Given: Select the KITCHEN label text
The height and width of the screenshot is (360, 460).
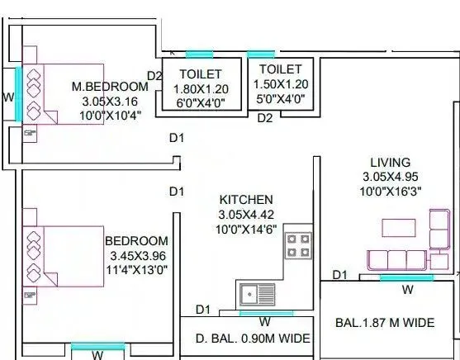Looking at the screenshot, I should click(245, 200).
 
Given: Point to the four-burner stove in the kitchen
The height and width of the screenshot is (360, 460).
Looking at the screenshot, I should click(297, 245).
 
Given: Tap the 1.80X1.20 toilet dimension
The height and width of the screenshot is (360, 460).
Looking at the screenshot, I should click(201, 88).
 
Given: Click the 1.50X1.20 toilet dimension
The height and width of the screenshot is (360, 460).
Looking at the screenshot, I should click(280, 84).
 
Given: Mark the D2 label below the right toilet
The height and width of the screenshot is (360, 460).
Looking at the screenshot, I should click(264, 118).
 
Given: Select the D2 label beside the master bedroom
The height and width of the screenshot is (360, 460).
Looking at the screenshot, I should click(154, 76).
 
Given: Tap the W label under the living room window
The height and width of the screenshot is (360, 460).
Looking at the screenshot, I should click(407, 290).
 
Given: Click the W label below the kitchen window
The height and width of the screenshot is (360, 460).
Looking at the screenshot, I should click(264, 321).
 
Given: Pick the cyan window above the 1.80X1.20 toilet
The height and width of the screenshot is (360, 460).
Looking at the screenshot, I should click(199, 55).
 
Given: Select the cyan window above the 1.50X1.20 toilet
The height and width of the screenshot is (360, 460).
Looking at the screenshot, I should click(261, 54).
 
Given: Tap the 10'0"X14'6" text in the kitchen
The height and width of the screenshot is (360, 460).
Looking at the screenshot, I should click(245, 228).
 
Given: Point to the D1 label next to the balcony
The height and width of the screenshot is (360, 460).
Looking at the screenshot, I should click(339, 274).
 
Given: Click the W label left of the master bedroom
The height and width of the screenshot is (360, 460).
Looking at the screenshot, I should click(8, 97).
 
